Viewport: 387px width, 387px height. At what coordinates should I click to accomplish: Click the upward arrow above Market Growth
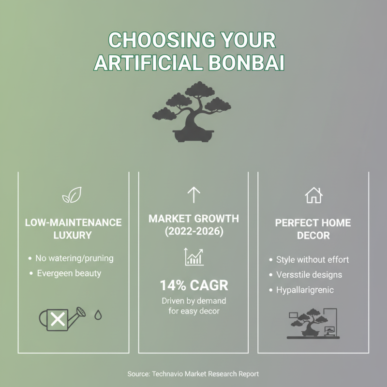click(x=193, y=195)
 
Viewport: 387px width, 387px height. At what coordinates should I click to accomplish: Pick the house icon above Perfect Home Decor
click(x=313, y=195)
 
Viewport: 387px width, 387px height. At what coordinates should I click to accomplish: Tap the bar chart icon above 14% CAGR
click(x=193, y=256)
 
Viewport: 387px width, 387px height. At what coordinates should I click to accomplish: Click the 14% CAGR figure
click(x=193, y=284)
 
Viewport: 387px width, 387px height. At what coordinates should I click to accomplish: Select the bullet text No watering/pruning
click(x=74, y=258)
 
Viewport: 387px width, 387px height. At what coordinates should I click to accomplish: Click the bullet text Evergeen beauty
click(x=69, y=273)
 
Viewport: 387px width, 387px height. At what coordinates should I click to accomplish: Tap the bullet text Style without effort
click(x=312, y=260)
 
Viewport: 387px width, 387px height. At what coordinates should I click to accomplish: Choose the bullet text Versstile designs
click(x=309, y=275)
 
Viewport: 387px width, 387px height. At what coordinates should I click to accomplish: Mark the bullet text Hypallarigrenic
click(x=305, y=290)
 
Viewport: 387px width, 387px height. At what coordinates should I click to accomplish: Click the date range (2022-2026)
click(x=193, y=232)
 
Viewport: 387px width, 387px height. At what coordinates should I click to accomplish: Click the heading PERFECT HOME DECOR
click(x=313, y=230)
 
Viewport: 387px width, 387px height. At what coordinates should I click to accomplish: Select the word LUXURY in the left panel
click(x=73, y=236)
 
